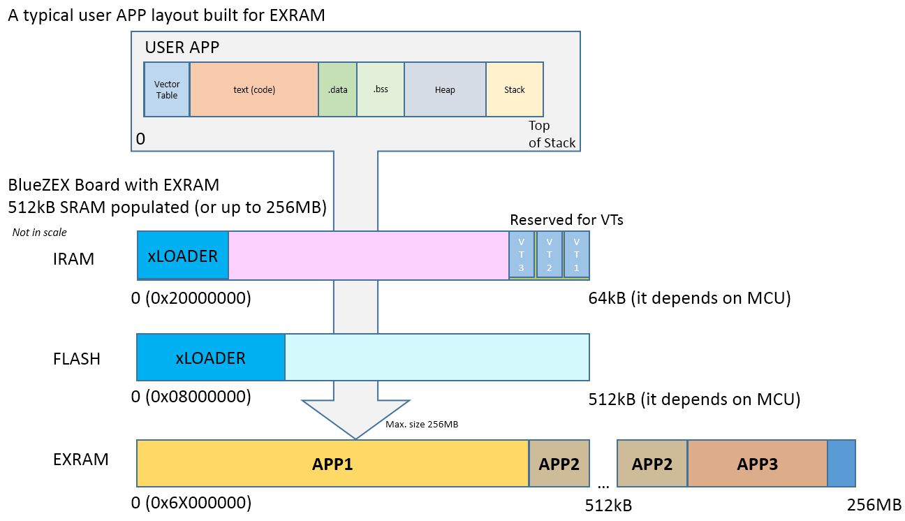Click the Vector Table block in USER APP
coord(167,89)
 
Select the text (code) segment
coord(254,89)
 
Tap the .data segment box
coord(338,89)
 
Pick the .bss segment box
coord(381,89)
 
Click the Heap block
coord(445,89)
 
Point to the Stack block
coord(515,89)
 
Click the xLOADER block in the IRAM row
coord(183,256)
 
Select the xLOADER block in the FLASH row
coord(211,358)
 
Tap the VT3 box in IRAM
coord(522,256)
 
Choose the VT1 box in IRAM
coord(577,256)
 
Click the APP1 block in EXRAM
coord(332,464)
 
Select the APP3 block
coord(758,464)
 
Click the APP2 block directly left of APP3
coord(652,464)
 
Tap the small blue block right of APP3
coord(841,464)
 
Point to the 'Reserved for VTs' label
coord(566,220)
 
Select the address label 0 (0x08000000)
coord(191,397)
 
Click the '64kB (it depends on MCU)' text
coord(689,298)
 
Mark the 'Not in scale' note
coord(40,233)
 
